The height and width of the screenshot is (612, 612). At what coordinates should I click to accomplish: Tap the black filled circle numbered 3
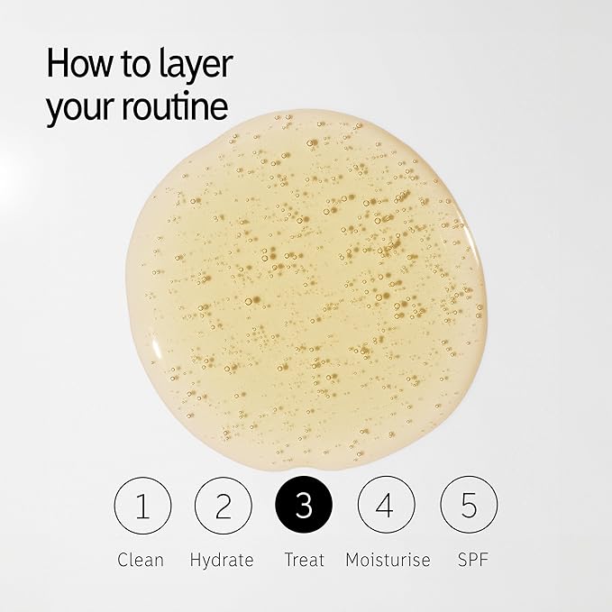coord(304,506)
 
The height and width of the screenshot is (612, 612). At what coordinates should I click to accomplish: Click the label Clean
coord(141,560)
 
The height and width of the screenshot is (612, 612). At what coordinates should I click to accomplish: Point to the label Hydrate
coord(222,561)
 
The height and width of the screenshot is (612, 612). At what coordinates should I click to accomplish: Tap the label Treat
coord(304,560)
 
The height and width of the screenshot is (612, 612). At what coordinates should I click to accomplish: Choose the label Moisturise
coord(388,560)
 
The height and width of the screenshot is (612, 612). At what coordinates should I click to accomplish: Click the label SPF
coord(473,560)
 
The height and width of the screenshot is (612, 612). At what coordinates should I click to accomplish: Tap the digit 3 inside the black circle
coord(304,506)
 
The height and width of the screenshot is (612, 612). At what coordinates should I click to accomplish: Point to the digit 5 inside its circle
coord(469,506)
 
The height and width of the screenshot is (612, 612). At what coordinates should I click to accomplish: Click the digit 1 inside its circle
coord(142,506)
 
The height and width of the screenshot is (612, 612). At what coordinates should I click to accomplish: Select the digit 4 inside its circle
coord(385,506)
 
